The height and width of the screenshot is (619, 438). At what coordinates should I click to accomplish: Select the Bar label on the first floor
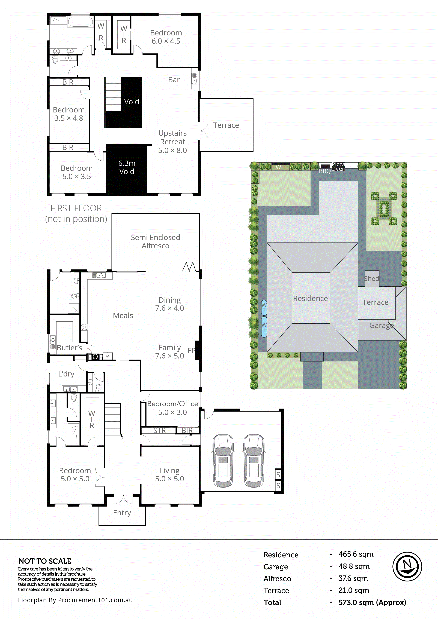point(174,80)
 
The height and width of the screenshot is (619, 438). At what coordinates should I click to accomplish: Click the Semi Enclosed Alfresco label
point(156,242)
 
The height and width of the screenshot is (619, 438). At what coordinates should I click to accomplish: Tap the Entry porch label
point(122,513)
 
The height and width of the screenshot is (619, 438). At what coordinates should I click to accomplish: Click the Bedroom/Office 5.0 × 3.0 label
point(172,408)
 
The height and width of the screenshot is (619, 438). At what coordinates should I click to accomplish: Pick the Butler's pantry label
point(69,348)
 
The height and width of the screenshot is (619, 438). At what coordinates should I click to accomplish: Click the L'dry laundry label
point(66,374)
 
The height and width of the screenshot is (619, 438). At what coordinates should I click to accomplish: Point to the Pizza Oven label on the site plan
point(338,167)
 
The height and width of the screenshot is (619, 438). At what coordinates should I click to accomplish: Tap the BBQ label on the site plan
point(325,171)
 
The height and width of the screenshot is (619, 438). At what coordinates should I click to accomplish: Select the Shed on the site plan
point(372,278)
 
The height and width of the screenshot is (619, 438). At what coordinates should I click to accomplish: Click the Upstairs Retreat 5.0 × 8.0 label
point(172,142)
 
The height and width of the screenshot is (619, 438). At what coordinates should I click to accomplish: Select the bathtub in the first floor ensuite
point(80,22)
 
